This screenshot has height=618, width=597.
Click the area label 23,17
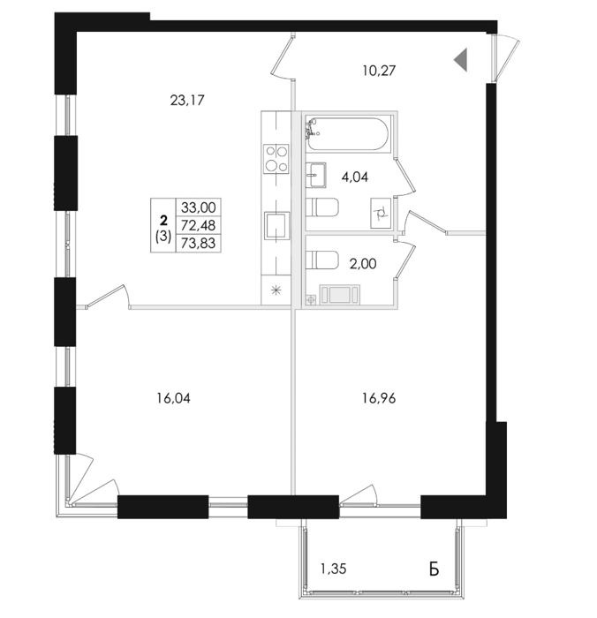point(187,101)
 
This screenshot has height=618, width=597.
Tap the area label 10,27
point(379,71)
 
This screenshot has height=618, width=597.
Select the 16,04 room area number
point(173,398)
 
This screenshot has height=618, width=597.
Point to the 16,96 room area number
point(379,398)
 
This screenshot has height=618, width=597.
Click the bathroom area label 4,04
point(355,177)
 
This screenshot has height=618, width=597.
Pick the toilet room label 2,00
point(363,263)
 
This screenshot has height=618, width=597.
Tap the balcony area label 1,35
point(333,569)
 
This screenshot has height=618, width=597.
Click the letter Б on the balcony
point(434,569)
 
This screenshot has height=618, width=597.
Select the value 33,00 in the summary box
point(198,207)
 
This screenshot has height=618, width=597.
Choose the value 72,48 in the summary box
point(198,225)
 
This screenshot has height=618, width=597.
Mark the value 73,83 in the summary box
point(198,243)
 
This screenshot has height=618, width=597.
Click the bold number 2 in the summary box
point(162,220)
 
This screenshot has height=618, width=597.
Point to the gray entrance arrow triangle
point(461,59)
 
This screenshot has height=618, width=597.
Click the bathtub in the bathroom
point(347,134)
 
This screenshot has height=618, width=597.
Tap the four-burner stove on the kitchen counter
point(276,158)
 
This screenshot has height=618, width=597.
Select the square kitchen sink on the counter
point(276,225)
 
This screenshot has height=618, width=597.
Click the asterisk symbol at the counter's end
point(276,290)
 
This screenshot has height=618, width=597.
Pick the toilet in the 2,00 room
point(321,260)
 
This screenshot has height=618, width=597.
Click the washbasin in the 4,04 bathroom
point(316,175)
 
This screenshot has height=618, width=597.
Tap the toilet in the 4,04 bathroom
point(321,207)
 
